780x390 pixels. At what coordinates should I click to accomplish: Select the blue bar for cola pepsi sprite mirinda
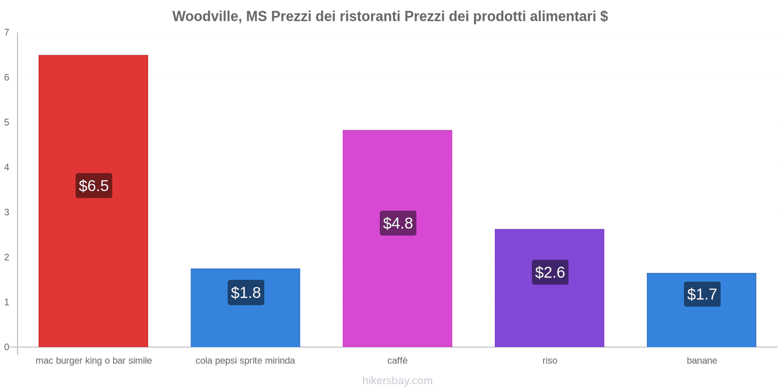(x=245, y=322)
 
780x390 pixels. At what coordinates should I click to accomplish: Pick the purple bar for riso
(x=549, y=312)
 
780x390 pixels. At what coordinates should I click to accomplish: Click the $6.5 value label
(x=94, y=186)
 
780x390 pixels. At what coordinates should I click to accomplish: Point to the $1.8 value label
(x=246, y=292)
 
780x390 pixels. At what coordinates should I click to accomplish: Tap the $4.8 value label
(x=398, y=223)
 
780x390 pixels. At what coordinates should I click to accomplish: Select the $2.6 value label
(x=550, y=272)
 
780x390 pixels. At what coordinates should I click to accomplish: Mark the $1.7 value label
(x=702, y=294)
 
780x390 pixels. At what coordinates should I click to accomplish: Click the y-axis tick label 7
(x=7, y=33)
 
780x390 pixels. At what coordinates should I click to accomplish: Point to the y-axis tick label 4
(x=7, y=167)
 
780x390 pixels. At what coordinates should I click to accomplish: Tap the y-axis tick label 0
(x=7, y=347)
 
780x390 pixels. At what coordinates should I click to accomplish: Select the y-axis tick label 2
(x=7, y=257)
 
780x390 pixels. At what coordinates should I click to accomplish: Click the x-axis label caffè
(x=397, y=361)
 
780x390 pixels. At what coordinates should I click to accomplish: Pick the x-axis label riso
(x=549, y=361)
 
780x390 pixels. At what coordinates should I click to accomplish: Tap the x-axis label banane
(x=702, y=361)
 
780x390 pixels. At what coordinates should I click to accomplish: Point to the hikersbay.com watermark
(x=397, y=381)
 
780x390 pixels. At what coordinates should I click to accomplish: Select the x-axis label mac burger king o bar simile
(x=94, y=361)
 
